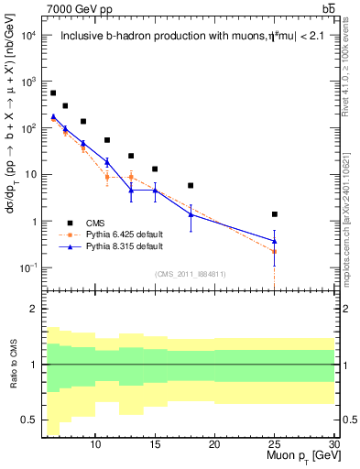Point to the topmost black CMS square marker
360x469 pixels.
[53, 93]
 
